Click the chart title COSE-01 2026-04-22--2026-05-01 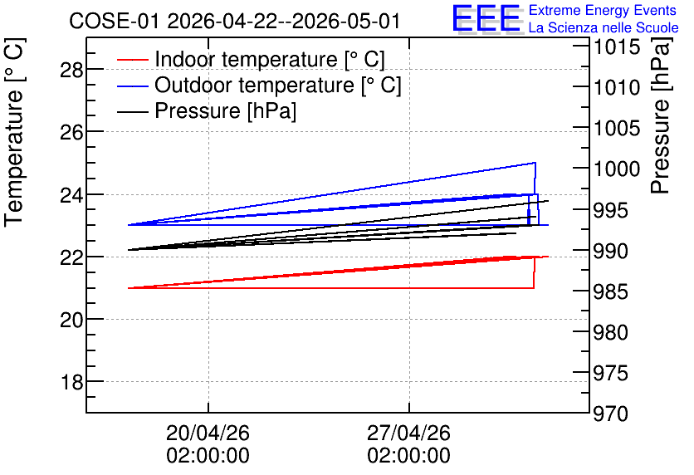click(x=235, y=22)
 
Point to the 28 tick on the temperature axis click(x=71, y=70)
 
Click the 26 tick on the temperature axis click(x=71, y=132)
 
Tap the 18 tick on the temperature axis click(x=71, y=382)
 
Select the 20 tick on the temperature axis click(x=71, y=320)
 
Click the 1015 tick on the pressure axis click(x=617, y=47)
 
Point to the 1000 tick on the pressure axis click(x=617, y=169)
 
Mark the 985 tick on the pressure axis click(x=611, y=291)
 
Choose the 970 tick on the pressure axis click(x=611, y=414)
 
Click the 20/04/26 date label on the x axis click(x=208, y=433)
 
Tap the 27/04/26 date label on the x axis click(x=409, y=433)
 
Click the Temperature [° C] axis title click(x=14, y=133)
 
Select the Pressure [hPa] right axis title click(x=661, y=115)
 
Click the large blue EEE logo click(x=486, y=18)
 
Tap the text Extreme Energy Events click(x=603, y=10)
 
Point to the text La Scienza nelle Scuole click(x=604, y=28)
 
